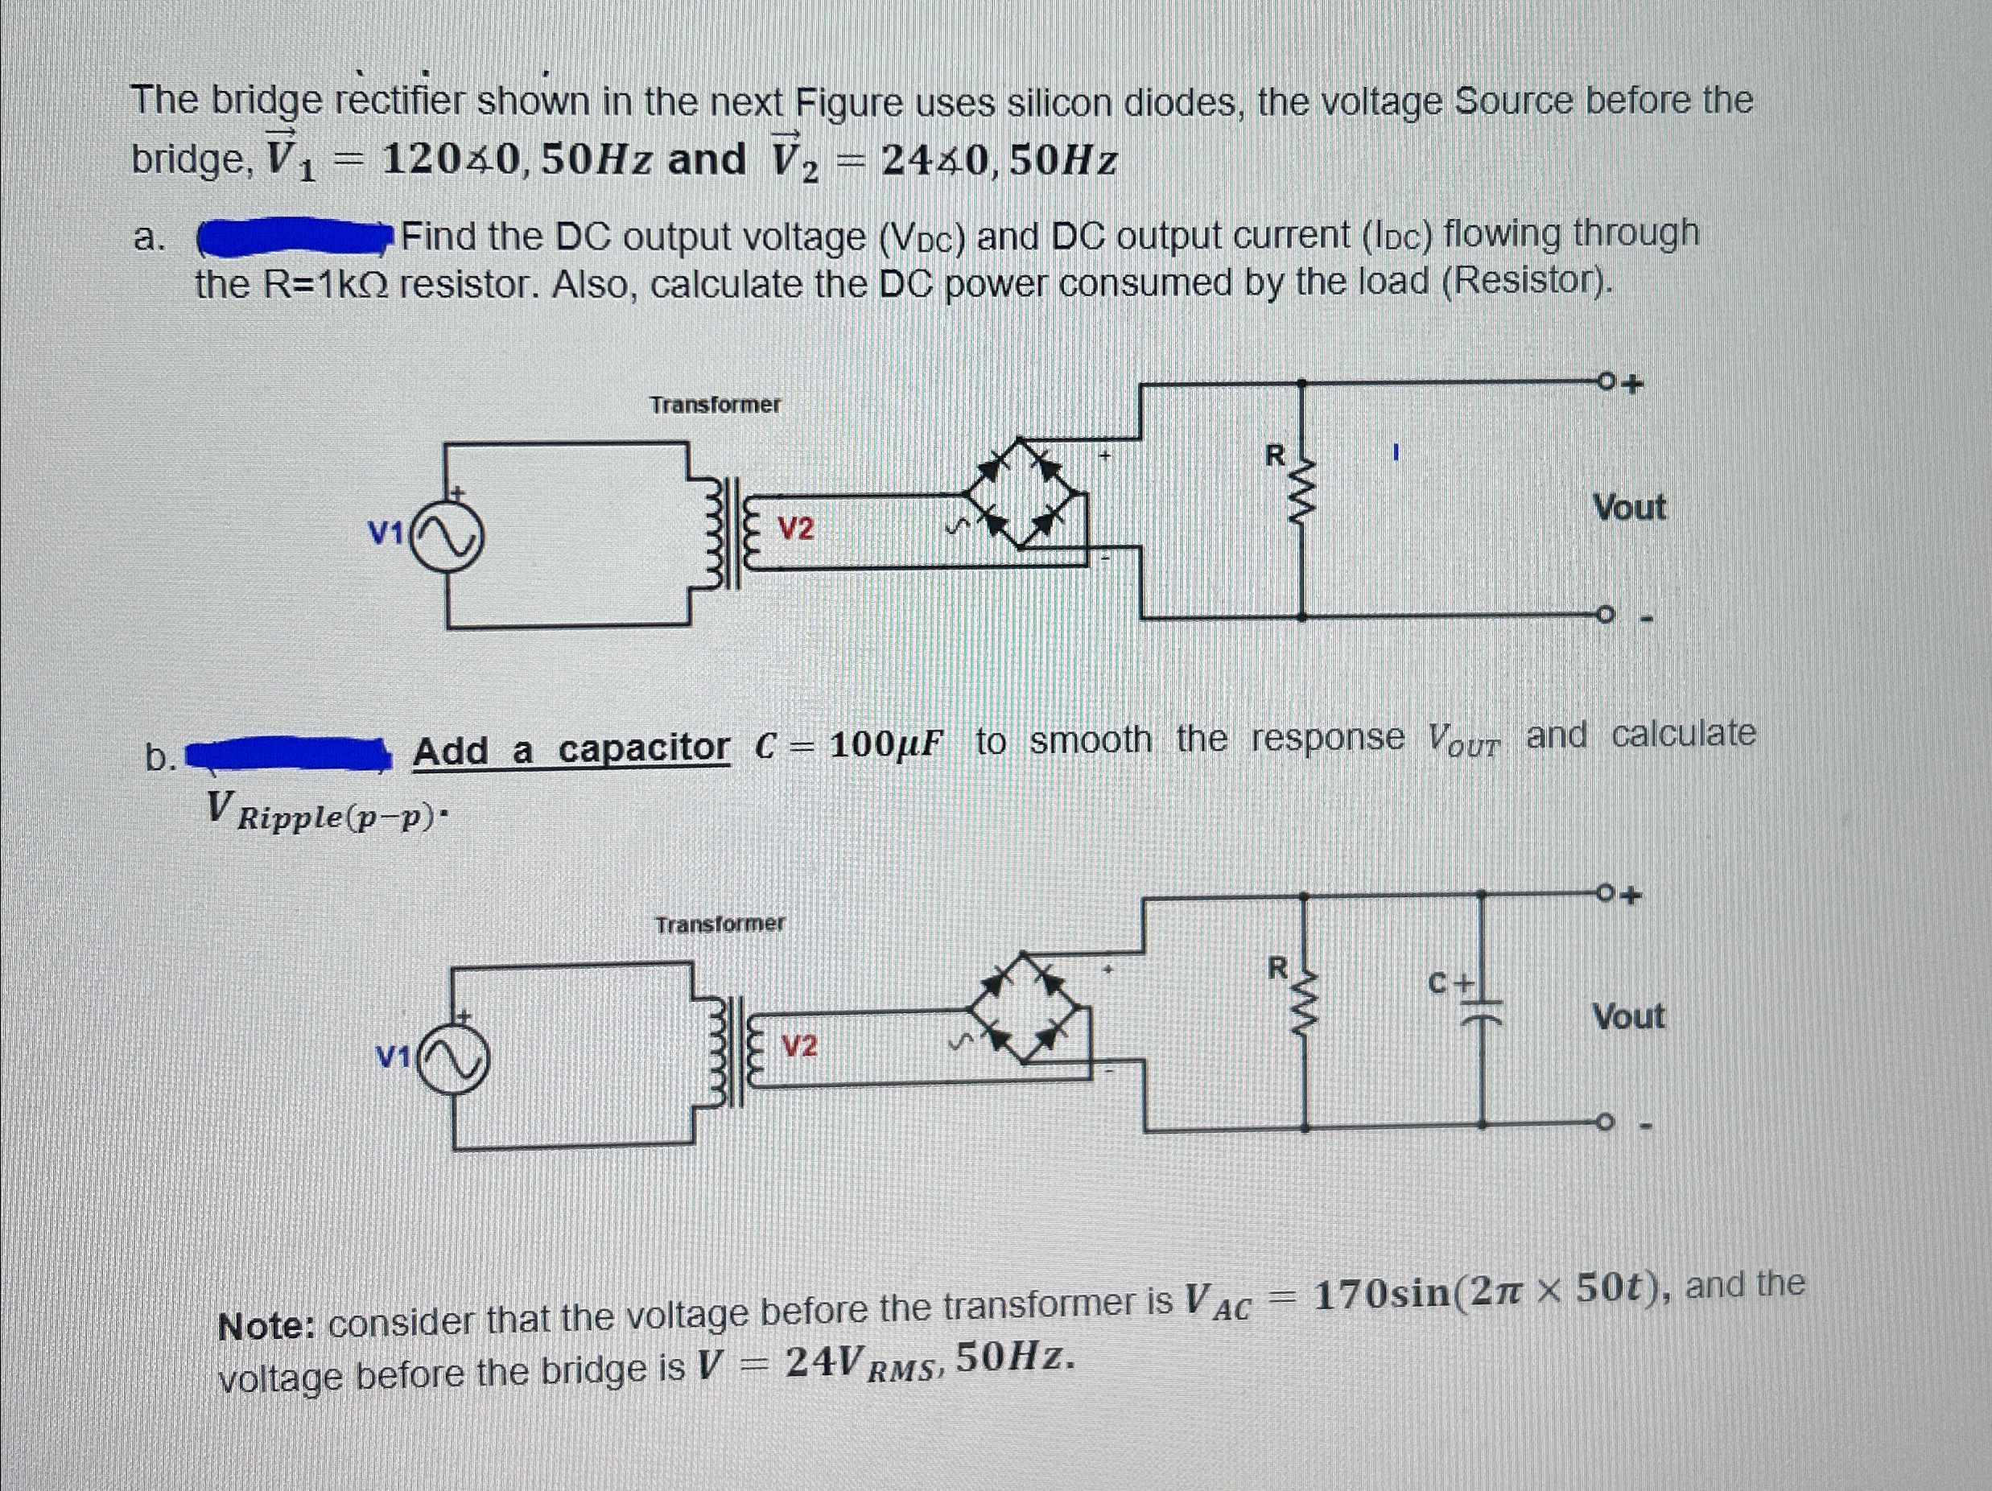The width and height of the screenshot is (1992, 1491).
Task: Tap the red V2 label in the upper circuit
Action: [x=795, y=529]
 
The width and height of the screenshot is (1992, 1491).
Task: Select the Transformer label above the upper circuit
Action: [x=716, y=406]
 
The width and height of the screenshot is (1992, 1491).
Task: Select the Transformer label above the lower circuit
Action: [x=720, y=925]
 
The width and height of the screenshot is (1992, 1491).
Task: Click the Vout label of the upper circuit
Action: [x=1629, y=508]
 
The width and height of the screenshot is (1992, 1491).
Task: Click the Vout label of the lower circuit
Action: [x=1628, y=1017]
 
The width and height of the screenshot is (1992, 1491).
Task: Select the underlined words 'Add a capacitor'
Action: [x=571, y=749]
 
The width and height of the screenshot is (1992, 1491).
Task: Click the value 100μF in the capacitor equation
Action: [x=887, y=744]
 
